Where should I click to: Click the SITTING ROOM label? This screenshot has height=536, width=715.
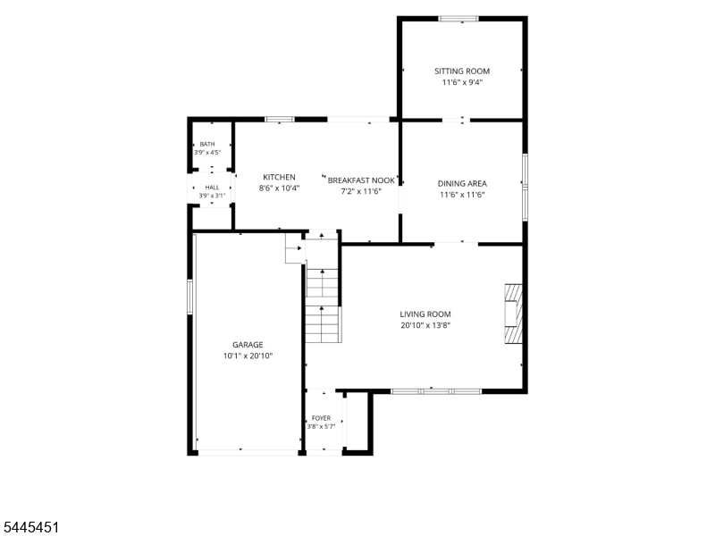[x=462, y=71]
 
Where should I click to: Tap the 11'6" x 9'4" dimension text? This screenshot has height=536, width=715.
[x=462, y=82]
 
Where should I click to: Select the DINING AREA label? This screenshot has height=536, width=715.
[x=462, y=184]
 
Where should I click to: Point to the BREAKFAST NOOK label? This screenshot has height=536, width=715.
[x=361, y=180]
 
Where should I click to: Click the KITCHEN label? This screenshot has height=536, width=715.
[x=279, y=177]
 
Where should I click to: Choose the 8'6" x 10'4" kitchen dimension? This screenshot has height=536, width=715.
[x=279, y=188]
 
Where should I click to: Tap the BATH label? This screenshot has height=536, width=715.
[x=207, y=144]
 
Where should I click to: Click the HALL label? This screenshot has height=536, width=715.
[x=212, y=188]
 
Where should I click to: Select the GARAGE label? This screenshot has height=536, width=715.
[x=248, y=345]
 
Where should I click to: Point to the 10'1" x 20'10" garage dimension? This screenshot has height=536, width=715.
[x=248, y=356]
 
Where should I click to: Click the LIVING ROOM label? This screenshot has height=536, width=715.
[x=425, y=314]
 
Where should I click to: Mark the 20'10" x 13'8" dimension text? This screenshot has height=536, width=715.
[x=425, y=325]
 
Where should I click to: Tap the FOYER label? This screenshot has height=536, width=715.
[x=321, y=418]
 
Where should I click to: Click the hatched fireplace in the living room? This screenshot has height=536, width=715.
[x=513, y=314]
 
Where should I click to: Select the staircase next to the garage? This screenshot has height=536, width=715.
[x=323, y=306]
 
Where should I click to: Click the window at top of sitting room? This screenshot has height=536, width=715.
[x=458, y=19]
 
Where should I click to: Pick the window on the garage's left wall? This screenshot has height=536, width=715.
[x=190, y=297]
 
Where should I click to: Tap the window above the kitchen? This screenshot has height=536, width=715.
[x=280, y=120]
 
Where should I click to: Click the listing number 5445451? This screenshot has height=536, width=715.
[x=29, y=527]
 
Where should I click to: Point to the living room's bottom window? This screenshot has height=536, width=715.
[x=436, y=391]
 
